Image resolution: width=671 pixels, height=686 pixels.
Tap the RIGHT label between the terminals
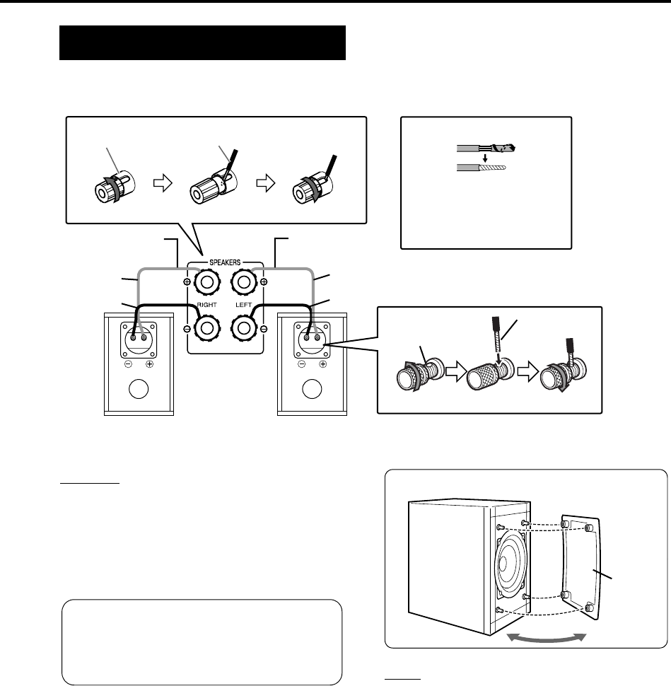pos(206,308)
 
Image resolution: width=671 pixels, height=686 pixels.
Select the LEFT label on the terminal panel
pos(244,308)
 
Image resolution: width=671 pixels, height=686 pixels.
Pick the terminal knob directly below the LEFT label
pos(244,330)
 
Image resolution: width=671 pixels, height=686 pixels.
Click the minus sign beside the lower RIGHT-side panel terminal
pos(187,330)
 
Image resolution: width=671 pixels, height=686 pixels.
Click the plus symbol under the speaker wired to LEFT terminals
pos(322,365)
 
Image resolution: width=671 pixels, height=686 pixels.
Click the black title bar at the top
pos(202,43)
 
